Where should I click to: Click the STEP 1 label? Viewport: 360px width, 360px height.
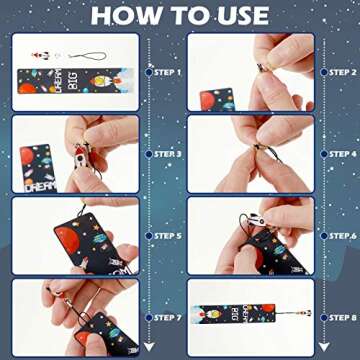click(x=165, y=73)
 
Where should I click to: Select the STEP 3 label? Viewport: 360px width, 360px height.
click(x=165, y=155)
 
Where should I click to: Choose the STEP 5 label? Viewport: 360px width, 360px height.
click(x=165, y=237)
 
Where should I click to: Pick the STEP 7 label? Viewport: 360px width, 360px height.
click(x=165, y=317)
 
